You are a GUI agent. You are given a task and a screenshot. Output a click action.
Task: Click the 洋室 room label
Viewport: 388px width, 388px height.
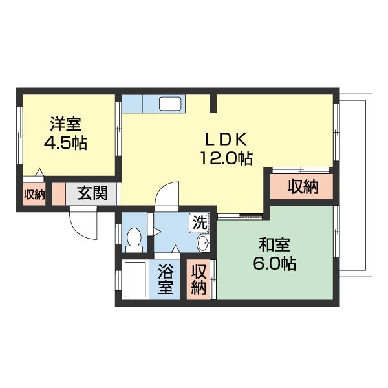click(66, 123)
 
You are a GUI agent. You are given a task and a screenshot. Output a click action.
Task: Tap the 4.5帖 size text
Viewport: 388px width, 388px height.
click(66, 142)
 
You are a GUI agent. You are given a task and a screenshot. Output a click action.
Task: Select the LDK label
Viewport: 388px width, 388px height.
click(226, 139)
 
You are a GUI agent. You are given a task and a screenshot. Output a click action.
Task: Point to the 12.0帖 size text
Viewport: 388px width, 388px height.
click(226, 158)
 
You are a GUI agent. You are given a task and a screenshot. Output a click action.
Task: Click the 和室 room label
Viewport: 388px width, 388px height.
click(275, 245)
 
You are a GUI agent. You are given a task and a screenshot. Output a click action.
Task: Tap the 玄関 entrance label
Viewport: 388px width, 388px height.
click(92, 193)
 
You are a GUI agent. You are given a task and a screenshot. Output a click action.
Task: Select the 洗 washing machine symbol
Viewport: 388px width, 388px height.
click(200, 222)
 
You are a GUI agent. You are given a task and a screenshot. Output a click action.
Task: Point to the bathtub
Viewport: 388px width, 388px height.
click(135, 279)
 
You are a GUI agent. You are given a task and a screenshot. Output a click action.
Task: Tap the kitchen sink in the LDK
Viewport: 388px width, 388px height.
click(171, 103)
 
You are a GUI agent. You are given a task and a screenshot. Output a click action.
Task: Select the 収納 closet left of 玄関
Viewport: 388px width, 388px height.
click(34, 193)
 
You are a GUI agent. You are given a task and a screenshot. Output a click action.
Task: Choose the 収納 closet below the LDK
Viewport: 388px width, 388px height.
click(302, 188)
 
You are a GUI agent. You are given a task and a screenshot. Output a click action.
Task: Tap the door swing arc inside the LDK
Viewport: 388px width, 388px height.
click(167, 194)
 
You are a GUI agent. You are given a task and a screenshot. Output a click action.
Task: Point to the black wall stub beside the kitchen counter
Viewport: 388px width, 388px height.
click(213, 103)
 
